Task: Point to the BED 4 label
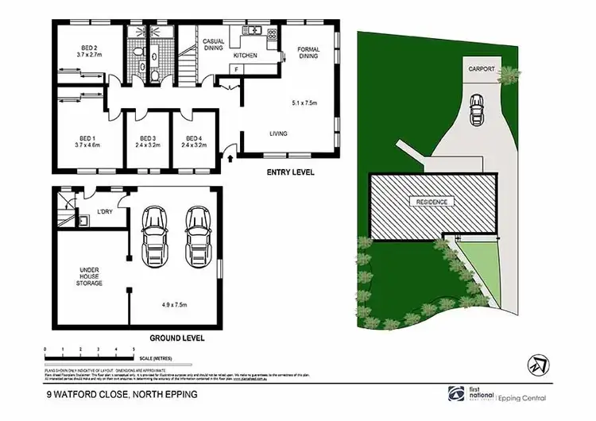click(x=193, y=137)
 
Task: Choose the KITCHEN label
click(x=246, y=56)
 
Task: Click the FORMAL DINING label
click(x=308, y=53)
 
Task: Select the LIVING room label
click(x=278, y=133)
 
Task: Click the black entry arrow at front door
click(x=231, y=160)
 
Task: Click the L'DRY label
click(x=104, y=211)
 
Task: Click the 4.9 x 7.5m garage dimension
click(x=175, y=303)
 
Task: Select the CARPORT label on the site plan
click(x=482, y=70)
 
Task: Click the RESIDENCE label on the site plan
click(x=432, y=202)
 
